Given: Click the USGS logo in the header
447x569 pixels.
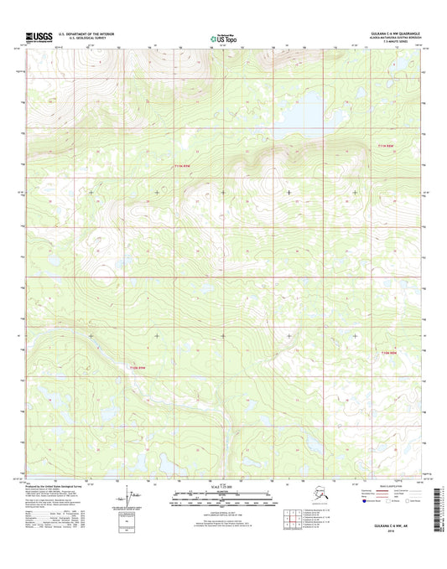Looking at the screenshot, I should pos(39,36).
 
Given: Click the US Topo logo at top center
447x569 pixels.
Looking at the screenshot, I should pos(223,37).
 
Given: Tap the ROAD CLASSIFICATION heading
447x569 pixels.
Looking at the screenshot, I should pos(386,485).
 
